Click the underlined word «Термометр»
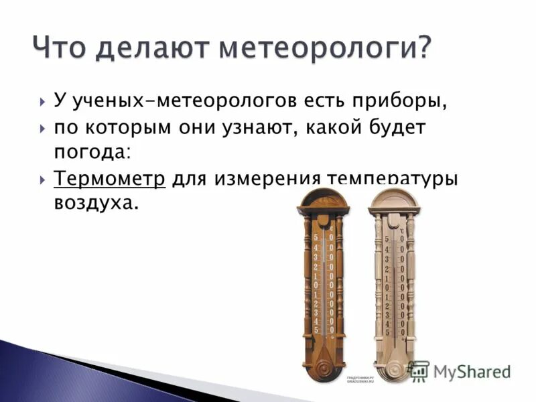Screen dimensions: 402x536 click(x=109, y=180)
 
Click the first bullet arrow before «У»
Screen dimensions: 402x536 click(x=43, y=103)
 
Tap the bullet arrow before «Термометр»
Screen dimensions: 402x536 click(x=43, y=180)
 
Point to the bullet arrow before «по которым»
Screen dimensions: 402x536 click(x=43, y=127)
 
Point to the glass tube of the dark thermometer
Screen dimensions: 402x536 click(x=324, y=281)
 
